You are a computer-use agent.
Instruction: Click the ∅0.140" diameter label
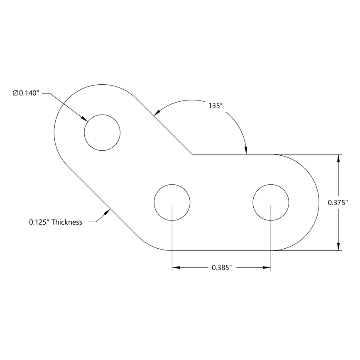[26, 93]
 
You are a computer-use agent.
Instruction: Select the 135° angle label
[216, 106]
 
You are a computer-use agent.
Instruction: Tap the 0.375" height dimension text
[338, 203]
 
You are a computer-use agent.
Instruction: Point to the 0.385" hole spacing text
[221, 268]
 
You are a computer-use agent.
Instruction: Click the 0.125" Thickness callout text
[56, 222]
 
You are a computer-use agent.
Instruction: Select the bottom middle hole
[172, 202]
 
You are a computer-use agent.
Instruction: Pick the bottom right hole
[271, 202]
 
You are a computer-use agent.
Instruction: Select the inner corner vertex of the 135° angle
[191, 154]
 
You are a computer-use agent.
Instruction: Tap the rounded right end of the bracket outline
[318, 203]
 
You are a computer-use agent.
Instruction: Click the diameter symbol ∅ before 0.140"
[15, 93]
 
